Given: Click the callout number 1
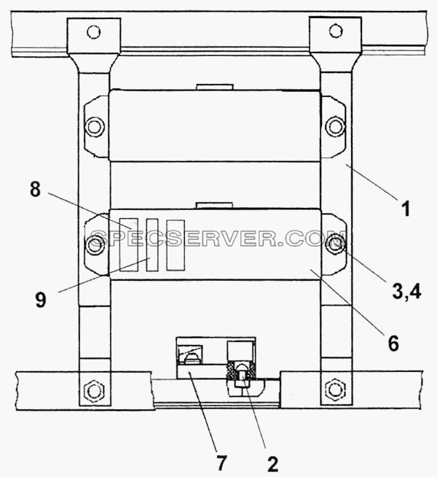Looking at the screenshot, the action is point(406,209).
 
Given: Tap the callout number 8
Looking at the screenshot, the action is point(35,189).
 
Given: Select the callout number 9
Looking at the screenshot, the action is point(40,300).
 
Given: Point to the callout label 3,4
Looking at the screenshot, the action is point(406,292).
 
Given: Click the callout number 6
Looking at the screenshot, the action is point(393,343).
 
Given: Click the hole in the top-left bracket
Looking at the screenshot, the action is point(93,31).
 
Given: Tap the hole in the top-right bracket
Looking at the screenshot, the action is point(336,31).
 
